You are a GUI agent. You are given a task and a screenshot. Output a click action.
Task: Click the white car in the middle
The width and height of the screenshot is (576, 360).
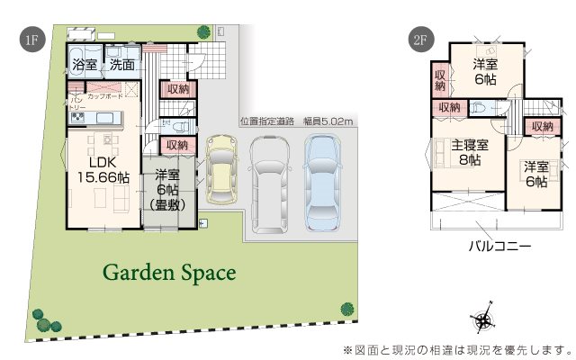pos(269,179)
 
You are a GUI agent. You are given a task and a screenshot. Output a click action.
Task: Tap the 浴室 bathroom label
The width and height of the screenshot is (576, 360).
pos(84,65)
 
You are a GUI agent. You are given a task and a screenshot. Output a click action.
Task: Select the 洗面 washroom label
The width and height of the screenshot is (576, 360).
pos(121,65)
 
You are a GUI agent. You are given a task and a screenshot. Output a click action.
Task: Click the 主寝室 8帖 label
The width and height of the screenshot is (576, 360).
pos(470,153)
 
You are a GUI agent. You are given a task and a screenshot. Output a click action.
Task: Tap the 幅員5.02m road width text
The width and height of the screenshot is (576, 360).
pos(328,121)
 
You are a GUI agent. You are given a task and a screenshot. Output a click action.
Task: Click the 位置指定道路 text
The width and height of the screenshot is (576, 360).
pos(267,121)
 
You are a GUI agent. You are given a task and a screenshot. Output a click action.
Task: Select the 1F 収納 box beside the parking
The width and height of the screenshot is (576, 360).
pos(176,144)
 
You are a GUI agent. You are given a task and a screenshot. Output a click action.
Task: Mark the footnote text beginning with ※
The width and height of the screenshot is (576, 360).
pos(457,348)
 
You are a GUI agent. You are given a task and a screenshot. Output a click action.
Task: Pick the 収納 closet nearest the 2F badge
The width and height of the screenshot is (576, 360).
pos(440,79)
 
